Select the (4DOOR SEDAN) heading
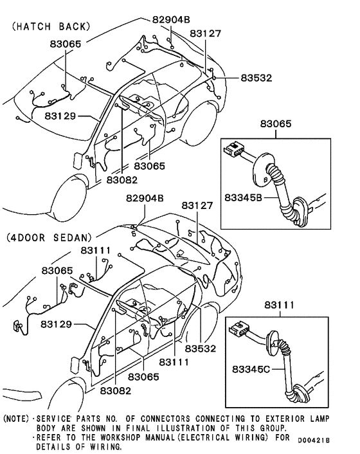50,237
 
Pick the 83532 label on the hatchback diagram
256,78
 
